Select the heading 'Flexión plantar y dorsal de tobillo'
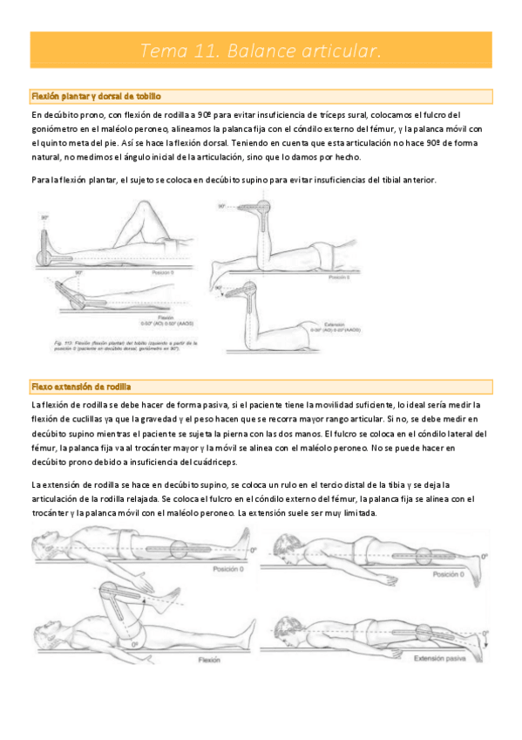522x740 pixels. click(96, 96)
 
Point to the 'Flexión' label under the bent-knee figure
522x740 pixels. click(208, 661)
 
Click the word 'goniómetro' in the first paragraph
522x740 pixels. click(56, 129)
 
